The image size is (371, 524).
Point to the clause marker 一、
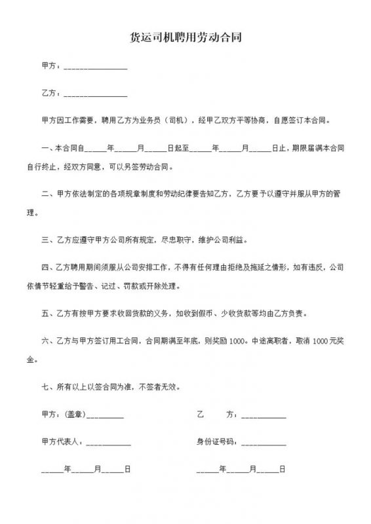click(x=47, y=149)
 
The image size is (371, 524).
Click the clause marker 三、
click(x=47, y=240)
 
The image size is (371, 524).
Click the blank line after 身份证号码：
click(x=264, y=443)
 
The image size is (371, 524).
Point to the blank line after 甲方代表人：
click(x=108, y=443)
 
